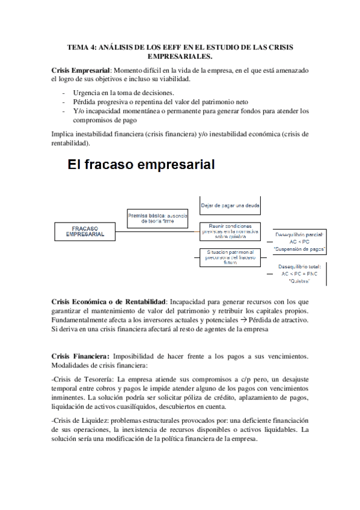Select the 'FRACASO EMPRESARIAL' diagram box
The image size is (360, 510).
tap(85, 232)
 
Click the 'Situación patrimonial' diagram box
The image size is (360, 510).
tap(230, 257)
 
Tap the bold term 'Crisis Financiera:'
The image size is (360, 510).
tap(81, 356)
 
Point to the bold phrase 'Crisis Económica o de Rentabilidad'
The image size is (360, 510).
tap(109, 301)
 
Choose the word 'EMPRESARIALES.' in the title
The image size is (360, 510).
tap(180, 56)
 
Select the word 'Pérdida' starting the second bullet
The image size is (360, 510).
tap(86, 102)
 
